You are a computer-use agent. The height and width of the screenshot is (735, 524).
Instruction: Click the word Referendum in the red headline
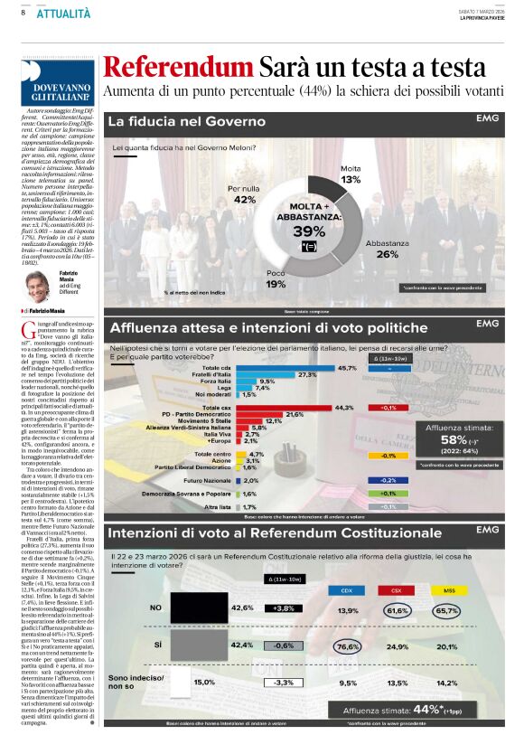coord(176,67)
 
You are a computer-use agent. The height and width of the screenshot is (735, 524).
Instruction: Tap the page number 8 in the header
coord(22,13)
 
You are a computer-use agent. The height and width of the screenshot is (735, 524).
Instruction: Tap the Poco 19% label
coord(276,279)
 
